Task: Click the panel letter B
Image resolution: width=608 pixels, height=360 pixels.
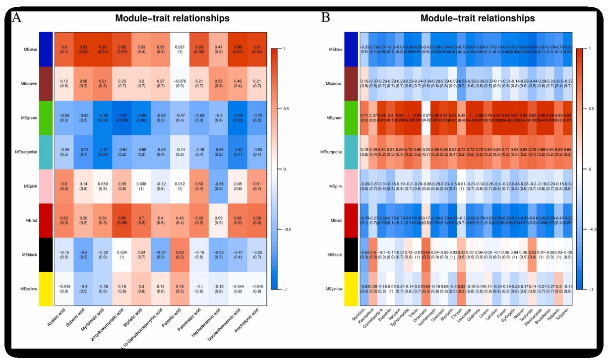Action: [x=326, y=18]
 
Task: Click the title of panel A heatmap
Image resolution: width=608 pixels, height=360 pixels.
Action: [x=172, y=18]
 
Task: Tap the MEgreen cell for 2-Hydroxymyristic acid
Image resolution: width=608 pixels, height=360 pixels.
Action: [x=124, y=117]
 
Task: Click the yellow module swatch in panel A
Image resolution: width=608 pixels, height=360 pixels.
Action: [x=46, y=288]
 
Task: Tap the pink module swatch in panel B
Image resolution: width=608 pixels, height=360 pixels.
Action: [x=351, y=185]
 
